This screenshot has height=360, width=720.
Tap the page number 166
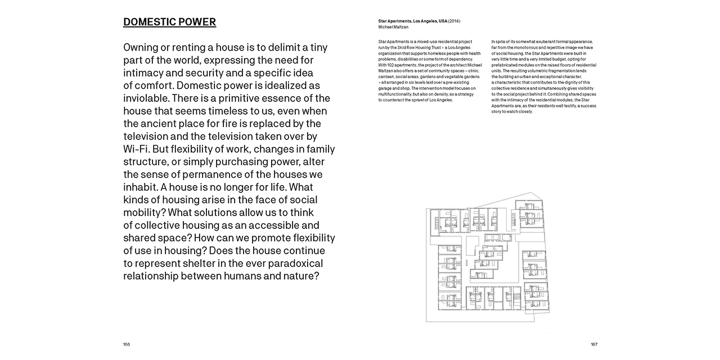(x=127, y=344)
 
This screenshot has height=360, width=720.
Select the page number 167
(x=593, y=344)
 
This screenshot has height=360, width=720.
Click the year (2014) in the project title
(x=454, y=21)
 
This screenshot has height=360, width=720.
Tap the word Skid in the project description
(x=403, y=48)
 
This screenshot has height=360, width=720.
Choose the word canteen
(x=387, y=76)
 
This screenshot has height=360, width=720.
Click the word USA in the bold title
(x=443, y=21)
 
